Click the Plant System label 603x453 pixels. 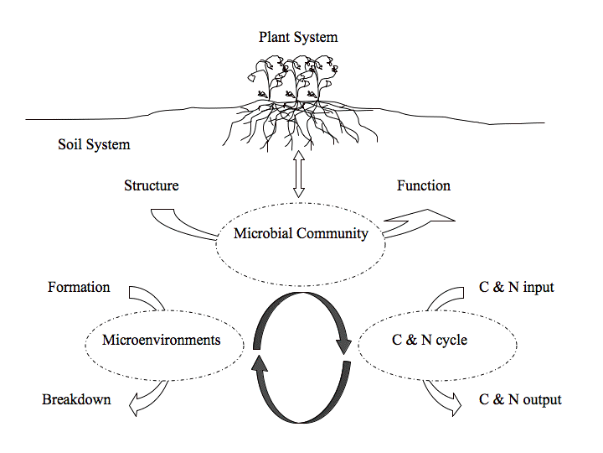pos(298,37)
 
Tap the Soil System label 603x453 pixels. pos(94,144)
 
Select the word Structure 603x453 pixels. pos(151,185)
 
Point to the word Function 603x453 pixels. pos(423,185)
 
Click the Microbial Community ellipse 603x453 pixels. pos(301,234)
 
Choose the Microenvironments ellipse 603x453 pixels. pos(161,341)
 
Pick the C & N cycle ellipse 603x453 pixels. pos(430,341)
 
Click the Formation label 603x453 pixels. pos(79,287)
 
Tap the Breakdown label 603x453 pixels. pos(76,399)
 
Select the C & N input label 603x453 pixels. pos(515,288)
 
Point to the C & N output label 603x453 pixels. pos(520,399)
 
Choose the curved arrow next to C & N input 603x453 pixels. pos(445,299)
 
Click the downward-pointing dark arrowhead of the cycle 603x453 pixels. pos(343,345)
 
